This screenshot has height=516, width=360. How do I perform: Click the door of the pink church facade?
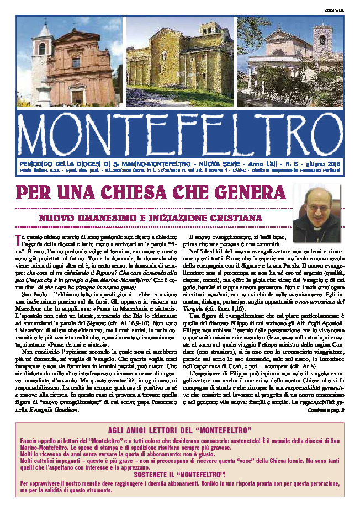[x=77, y=97]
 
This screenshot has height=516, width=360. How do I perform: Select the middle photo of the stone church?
[x=180, y=61]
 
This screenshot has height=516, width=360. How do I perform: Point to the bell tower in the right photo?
[x=321, y=41]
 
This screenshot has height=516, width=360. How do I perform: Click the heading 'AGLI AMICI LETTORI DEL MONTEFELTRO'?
[x=180, y=430]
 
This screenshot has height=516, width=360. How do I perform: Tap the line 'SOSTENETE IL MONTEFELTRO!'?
[x=180, y=474]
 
